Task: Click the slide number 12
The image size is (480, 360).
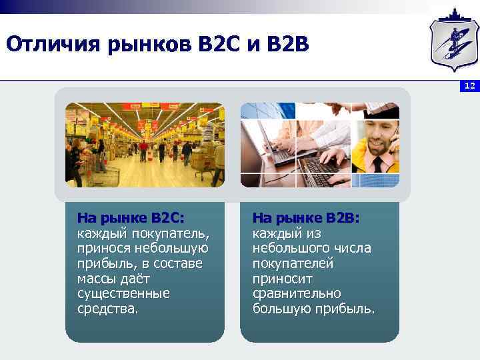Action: [470, 86]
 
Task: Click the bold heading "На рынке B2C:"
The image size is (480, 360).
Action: [131, 219]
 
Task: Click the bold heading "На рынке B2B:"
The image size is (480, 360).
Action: [306, 219]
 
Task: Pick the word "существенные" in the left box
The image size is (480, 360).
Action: [123, 294]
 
